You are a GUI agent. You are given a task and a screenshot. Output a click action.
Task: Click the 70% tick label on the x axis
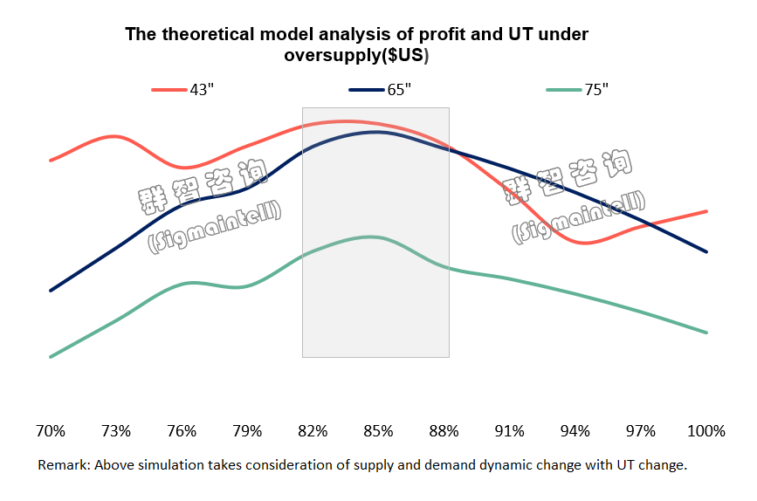(51, 431)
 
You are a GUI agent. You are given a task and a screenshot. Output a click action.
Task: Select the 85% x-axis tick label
(379, 431)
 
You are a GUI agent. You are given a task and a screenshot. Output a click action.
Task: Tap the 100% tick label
(706, 431)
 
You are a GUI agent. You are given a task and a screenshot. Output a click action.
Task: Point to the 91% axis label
(510, 431)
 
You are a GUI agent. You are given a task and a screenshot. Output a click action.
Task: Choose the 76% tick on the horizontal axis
(182, 431)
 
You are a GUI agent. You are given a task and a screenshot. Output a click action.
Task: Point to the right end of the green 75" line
(706, 333)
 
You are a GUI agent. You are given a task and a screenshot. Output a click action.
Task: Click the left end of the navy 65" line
(51, 290)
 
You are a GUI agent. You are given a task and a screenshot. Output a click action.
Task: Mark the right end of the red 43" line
(706, 211)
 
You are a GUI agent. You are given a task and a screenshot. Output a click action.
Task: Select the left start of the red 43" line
(51, 161)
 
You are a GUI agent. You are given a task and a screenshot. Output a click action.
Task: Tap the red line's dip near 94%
(585, 242)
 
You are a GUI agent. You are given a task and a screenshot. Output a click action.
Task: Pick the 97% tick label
(641, 431)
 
